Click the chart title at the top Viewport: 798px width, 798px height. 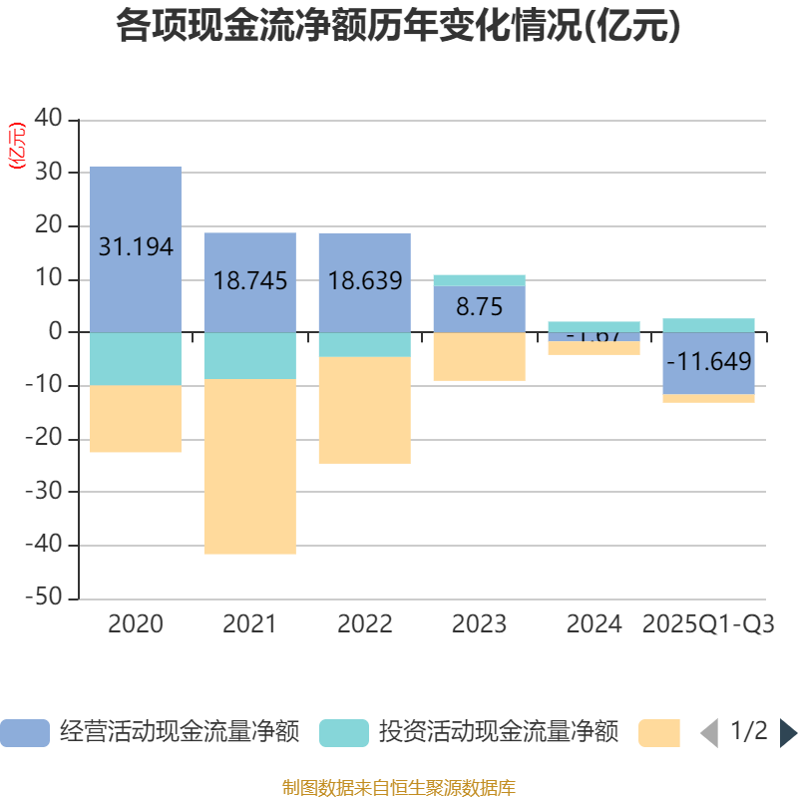click(398, 26)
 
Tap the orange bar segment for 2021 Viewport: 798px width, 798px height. click(249, 466)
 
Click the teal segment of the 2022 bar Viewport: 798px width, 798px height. click(364, 344)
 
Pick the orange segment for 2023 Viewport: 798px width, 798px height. click(479, 356)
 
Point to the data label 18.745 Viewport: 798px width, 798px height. click(250, 281)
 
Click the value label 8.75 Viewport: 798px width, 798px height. click(479, 307)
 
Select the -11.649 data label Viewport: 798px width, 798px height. click(708, 361)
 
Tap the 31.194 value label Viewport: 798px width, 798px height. click(136, 247)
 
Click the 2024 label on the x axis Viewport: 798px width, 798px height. click(594, 625)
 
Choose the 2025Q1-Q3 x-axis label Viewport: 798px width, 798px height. click(708, 625)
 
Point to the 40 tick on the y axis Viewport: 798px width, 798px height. click(48, 119)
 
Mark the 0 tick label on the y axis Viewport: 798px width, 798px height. click(56, 332)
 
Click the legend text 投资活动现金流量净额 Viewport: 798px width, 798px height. click(498, 732)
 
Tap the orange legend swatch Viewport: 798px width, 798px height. click(658, 733)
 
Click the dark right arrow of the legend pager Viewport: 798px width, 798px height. click(788, 733)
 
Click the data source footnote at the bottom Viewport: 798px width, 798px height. click(398, 788)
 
